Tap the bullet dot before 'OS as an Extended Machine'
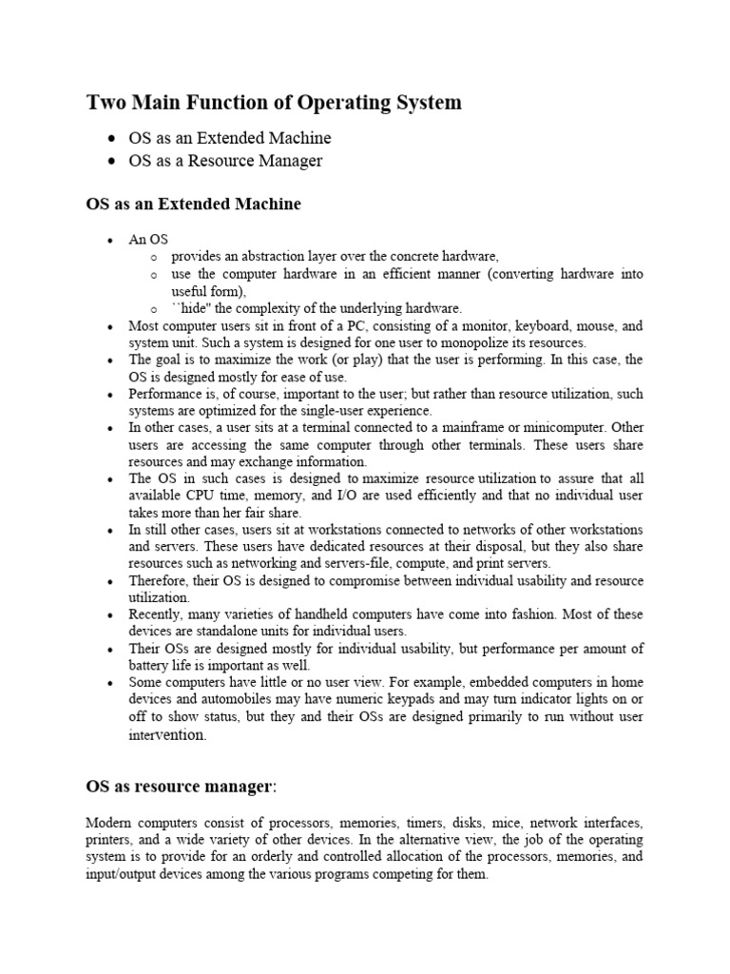[113, 139]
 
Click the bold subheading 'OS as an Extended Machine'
[193, 204]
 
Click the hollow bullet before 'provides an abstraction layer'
[154, 258]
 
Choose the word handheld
[308, 614]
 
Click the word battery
[149, 666]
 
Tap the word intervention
[166, 734]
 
